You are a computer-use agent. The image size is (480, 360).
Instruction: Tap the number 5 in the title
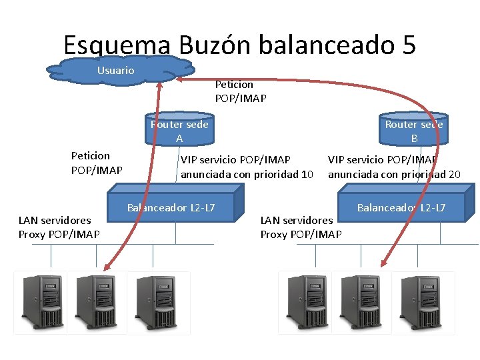click(x=409, y=45)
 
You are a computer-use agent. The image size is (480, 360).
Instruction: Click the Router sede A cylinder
click(x=179, y=131)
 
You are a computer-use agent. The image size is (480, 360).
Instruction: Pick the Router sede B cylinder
click(x=413, y=131)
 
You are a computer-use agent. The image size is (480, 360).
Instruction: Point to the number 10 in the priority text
click(x=307, y=175)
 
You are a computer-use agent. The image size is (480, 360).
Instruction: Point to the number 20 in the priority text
click(x=454, y=175)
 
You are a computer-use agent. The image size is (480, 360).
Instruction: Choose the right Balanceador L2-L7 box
click(x=401, y=207)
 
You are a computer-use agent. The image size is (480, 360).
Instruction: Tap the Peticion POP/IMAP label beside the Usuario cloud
click(x=240, y=91)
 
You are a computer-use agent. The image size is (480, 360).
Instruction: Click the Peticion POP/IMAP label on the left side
click(x=97, y=163)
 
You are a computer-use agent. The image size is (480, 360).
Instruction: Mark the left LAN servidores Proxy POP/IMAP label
click(x=59, y=227)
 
